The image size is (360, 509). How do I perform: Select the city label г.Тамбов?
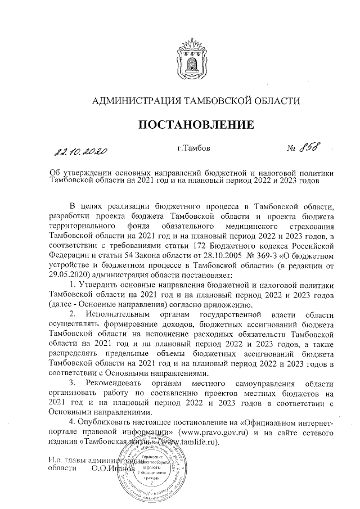(193, 148)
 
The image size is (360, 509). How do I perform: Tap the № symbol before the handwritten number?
(291, 150)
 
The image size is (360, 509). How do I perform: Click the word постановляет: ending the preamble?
(209, 276)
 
